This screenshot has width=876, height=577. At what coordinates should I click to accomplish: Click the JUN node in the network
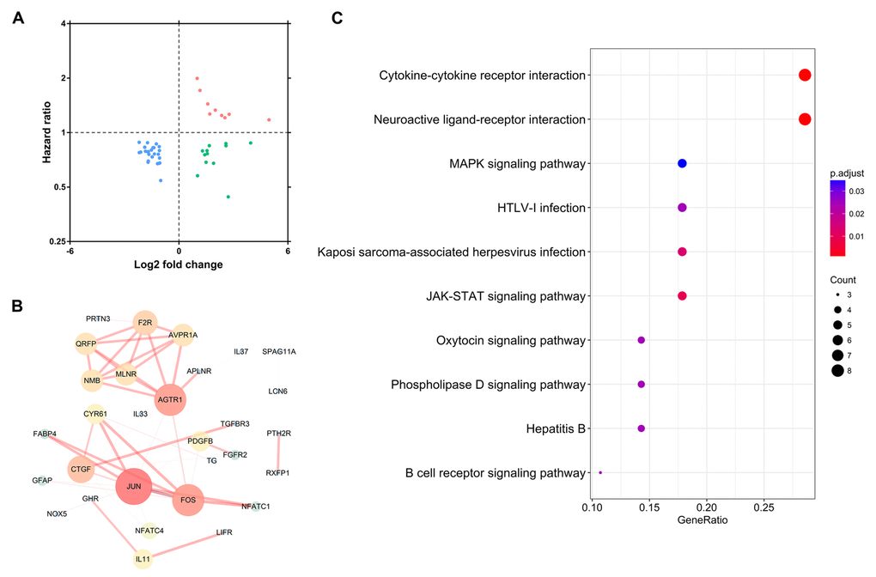134,486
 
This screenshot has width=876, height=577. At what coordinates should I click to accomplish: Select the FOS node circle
188,499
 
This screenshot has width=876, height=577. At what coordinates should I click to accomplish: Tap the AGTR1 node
169,399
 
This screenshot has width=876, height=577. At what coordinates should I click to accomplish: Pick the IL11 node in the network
143,558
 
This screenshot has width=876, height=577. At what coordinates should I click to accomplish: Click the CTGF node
82,469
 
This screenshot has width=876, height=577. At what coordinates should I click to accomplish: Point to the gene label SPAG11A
279,351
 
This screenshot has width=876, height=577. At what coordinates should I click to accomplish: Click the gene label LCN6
277,392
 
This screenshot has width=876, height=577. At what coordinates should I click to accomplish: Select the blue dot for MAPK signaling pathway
682,163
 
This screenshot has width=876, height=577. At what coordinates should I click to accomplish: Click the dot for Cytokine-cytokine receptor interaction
805,75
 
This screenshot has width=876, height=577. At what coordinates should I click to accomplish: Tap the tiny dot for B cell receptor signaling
600,472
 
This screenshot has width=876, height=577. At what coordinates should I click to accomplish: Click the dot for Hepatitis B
641,428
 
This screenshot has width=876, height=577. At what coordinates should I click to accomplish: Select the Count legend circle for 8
836,370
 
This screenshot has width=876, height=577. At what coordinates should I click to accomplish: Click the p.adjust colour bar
837,218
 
